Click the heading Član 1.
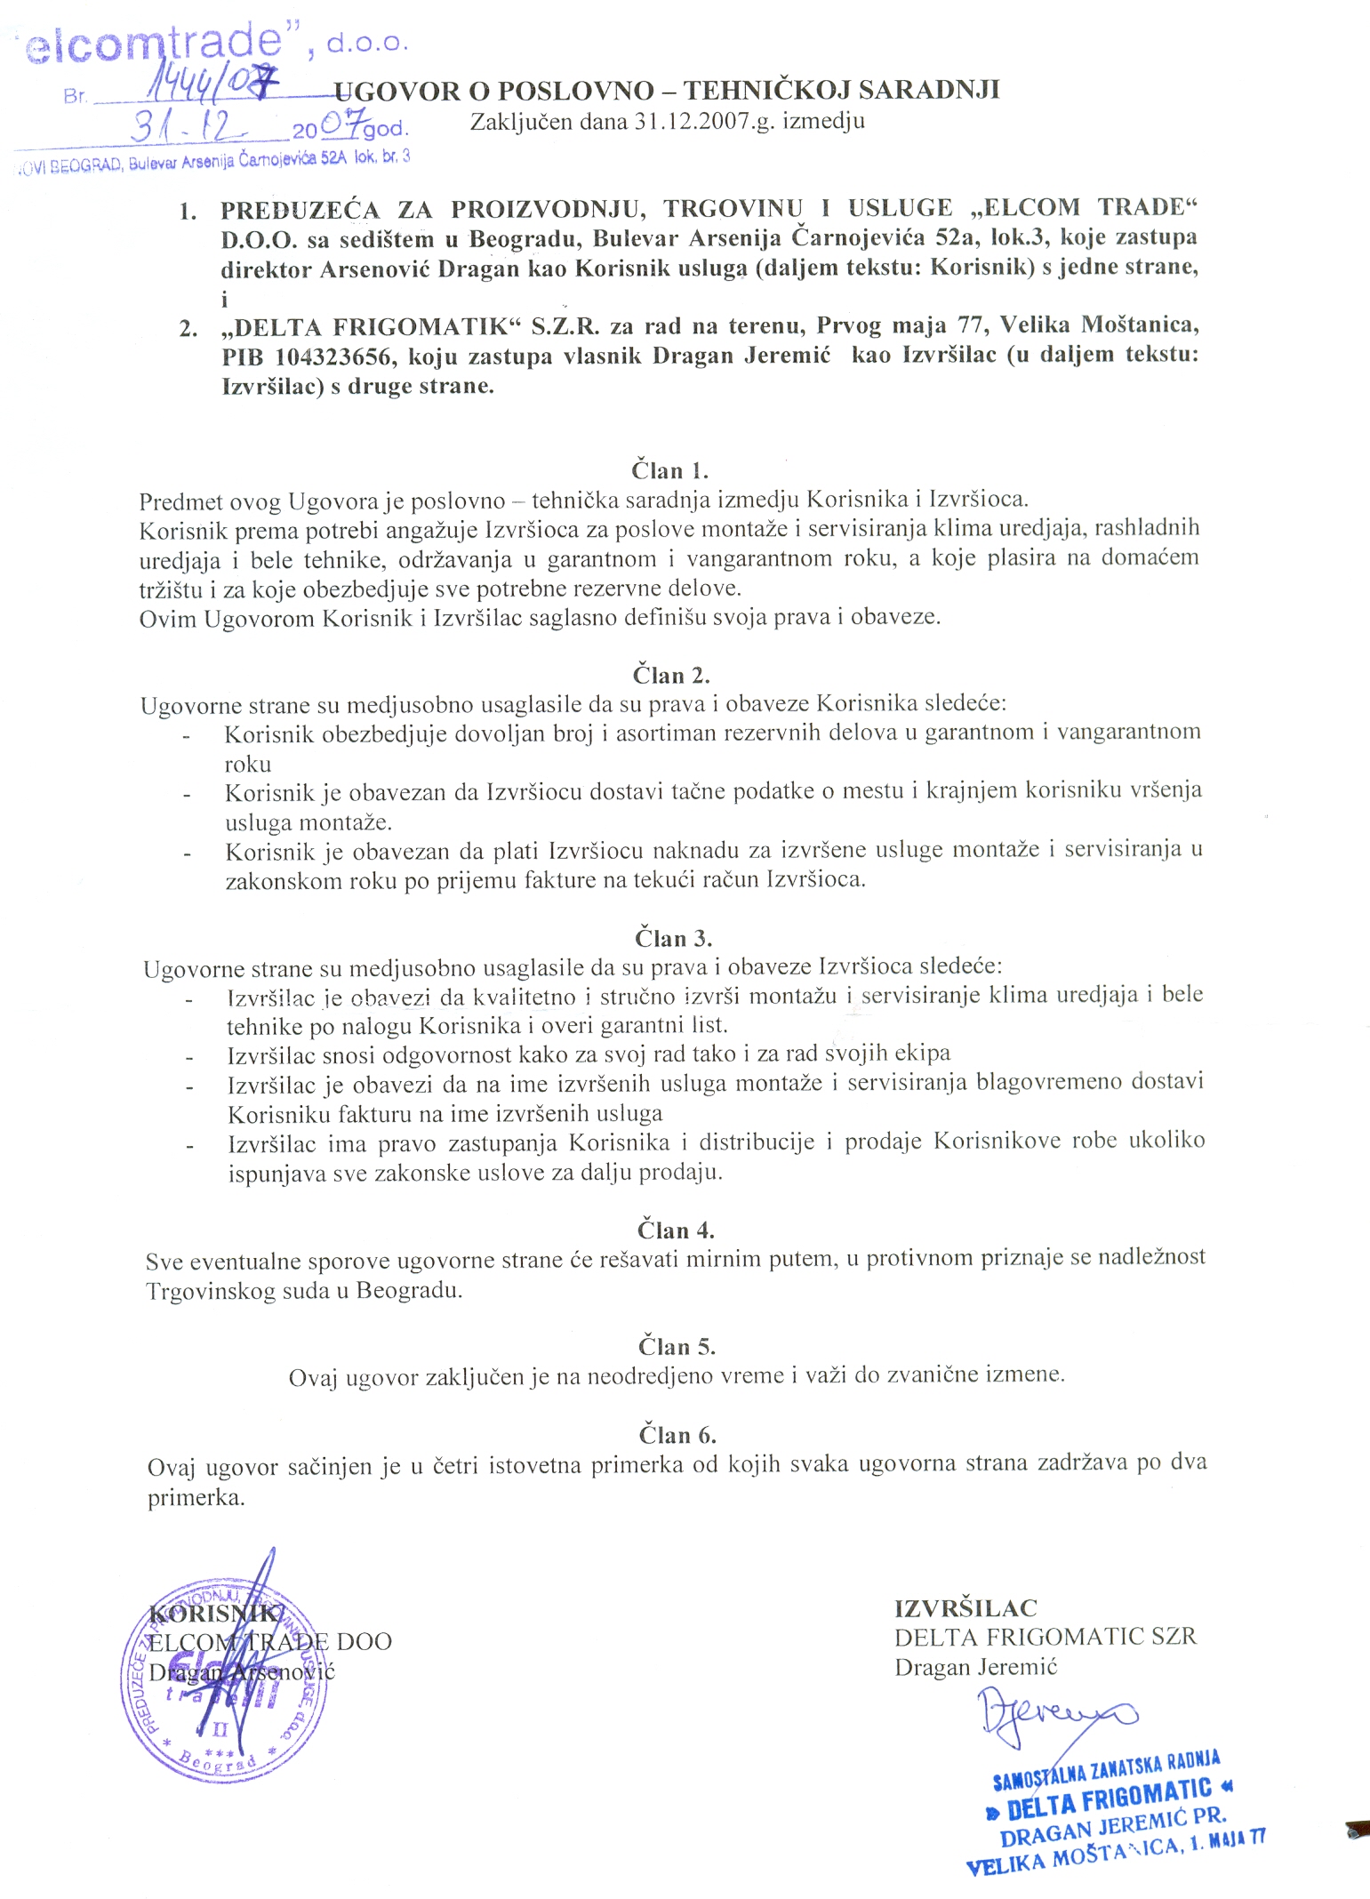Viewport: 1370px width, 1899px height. pos(669,470)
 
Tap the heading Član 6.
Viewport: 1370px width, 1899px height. pos(677,1434)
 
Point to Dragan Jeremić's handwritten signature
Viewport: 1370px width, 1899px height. pos(1054,1712)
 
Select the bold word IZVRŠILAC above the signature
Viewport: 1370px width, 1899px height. pos(965,1608)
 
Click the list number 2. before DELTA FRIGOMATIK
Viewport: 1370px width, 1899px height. pos(188,328)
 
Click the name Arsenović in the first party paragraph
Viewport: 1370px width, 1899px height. pos(376,268)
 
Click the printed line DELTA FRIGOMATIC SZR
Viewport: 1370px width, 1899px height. pos(1045,1637)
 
